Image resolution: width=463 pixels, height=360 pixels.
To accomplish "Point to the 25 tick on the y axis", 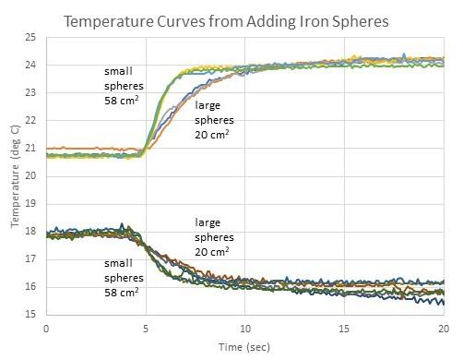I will pos(30,38).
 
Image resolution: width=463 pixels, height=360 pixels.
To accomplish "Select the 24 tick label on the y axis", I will pos(30,66).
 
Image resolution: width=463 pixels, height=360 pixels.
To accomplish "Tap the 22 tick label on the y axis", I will pos(30,121).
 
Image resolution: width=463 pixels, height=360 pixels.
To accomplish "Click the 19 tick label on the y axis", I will pos(30,204).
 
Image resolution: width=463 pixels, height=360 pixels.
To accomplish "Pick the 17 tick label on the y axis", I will pos(30,259).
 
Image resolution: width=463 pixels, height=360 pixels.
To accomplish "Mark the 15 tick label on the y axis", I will pos(30,315).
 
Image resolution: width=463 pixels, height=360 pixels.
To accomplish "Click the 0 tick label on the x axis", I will pos(45,328).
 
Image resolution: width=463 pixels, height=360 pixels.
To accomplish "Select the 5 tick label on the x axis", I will pos(145,328).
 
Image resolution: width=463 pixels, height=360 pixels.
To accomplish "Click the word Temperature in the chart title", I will pos(108,19).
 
